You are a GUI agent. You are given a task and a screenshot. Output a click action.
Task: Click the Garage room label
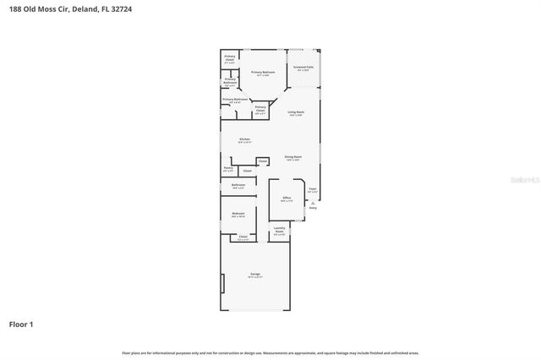click(x=254, y=275)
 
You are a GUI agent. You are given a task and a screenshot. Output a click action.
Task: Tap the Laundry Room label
click(x=279, y=229)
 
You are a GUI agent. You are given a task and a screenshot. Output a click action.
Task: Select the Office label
click(x=287, y=198)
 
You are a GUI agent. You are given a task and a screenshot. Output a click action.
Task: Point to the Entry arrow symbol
click(x=312, y=202)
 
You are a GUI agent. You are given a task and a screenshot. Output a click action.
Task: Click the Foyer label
click(x=312, y=188)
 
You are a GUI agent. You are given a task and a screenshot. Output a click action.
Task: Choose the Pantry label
click(x=227, y=168)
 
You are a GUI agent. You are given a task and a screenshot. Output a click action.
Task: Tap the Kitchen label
click(x=244, y=139)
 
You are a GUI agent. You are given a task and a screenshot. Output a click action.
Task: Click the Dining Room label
click(x=293, y=157)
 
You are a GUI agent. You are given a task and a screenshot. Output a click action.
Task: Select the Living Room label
click(x=295, y=112)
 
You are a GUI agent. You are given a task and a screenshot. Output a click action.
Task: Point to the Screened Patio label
click(x=303, y=66)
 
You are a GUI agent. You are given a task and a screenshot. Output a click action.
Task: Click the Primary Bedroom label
click(x=263, y=73)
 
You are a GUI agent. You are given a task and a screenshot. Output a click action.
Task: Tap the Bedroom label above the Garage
click(x=238, y=214)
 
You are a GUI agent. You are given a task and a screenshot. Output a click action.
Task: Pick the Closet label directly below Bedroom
click(x=243, y=237)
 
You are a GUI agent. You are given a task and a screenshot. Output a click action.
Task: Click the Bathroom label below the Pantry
click(x=238, y=184)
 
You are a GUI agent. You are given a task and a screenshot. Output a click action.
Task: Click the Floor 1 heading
click(x=22, y=324)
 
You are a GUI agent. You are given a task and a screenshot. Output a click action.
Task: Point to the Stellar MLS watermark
click(x=524, y=180)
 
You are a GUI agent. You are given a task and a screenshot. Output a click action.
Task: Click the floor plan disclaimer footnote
click(x=270, y=352)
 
